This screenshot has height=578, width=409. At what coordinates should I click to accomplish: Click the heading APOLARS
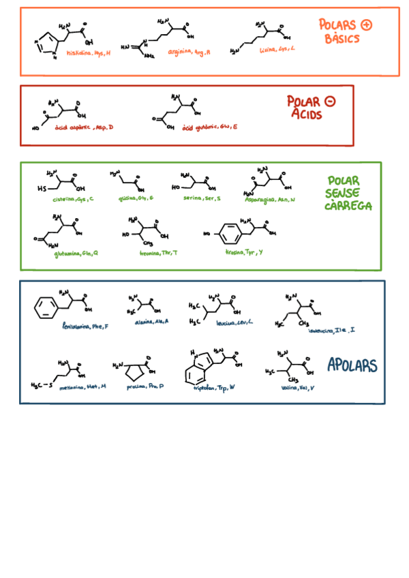click(352, 365)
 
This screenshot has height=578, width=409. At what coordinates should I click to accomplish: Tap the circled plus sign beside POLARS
click(366, 25)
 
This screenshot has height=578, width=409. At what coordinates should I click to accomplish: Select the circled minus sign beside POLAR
click(331, 102)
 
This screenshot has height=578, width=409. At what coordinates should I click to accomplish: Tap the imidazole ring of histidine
click(44, 46)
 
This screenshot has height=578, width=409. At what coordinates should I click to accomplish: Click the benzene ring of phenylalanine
click(46, 307)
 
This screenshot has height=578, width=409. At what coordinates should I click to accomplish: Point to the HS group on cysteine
click(42, 189)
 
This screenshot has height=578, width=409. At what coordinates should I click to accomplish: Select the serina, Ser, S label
click(202, 198)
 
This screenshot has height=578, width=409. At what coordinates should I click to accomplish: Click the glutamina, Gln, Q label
click(76, 253)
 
